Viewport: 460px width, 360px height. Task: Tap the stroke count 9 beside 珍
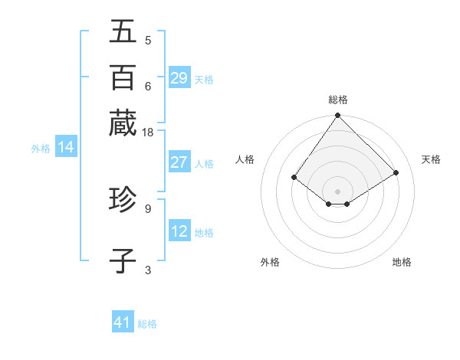click(x=147, y=208)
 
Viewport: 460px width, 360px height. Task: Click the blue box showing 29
click(x=179, y=78)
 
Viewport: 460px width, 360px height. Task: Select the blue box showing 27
click(x=179, y=162)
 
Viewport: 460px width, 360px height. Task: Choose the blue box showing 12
click(x=179, y=231)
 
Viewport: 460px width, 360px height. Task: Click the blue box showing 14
click(x=66, y=148)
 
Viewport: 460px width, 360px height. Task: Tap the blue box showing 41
click(x=123, y=322)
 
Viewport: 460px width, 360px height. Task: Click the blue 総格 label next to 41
click(x=147, y=324)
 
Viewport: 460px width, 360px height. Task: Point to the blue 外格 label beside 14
click(x=41, y=149)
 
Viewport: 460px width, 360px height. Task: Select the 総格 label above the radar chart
click(x=338, y=100)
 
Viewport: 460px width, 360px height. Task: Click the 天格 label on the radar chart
click(x=431, y=159)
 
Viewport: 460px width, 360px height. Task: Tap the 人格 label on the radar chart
click(x=245, y=159)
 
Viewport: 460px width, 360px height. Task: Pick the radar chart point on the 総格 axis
click(x=338, y=116)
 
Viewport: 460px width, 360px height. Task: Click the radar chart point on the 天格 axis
click(x=396, y=173)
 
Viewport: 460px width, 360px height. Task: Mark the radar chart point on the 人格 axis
click(x=294, y=178)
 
